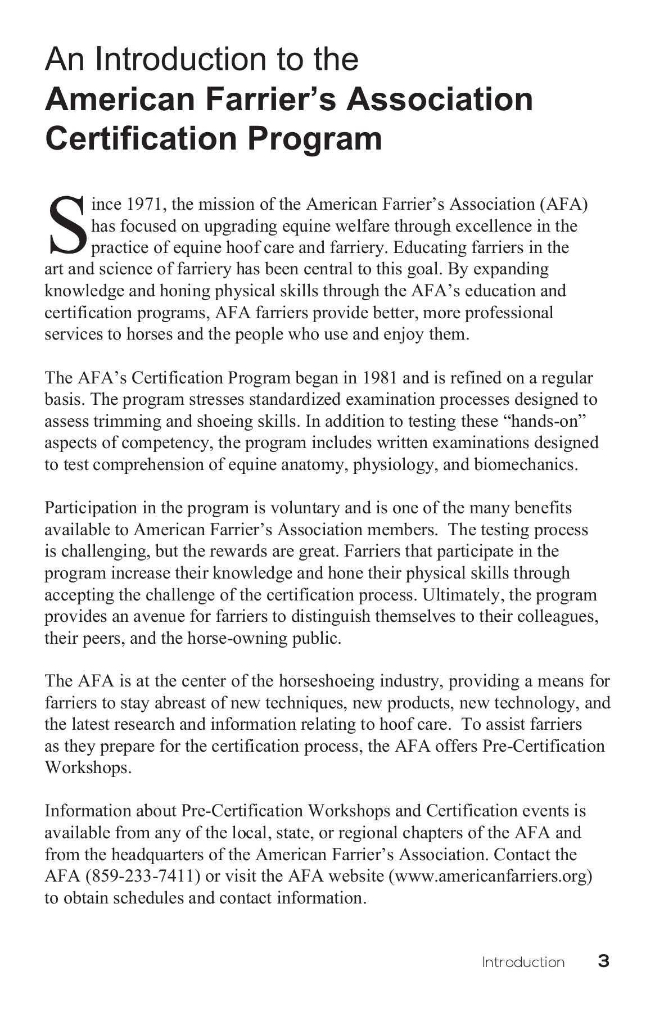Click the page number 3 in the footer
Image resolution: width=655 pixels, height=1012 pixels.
603,961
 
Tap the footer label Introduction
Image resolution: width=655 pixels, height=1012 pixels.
523,963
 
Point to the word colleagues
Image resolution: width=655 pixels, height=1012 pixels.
557,617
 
